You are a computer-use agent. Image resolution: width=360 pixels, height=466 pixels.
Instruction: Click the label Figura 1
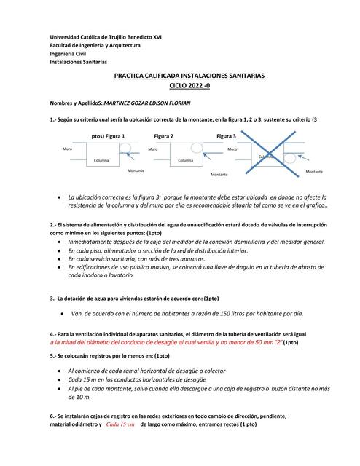[115, 136]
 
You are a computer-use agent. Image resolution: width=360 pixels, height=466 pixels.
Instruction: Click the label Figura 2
[163, 136]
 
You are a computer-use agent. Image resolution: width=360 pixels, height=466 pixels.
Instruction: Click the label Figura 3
[225, 136]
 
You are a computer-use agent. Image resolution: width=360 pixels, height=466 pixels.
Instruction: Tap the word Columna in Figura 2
[186, 160]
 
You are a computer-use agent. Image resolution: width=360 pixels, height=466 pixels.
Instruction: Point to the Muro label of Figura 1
[67, 149]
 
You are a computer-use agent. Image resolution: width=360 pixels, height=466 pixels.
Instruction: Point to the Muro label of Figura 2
[152, 149]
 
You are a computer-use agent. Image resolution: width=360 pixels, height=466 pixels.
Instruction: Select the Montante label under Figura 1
[136, 170]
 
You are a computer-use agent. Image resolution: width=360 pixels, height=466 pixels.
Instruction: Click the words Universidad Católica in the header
[77, 37]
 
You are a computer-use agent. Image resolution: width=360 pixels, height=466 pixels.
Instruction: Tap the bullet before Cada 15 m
[59, 379]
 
